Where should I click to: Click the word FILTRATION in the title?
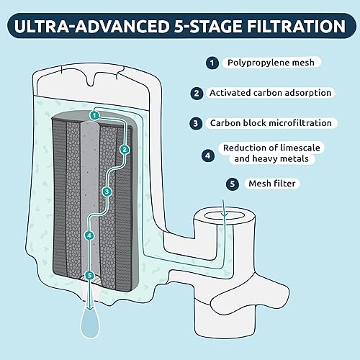coord(296,26)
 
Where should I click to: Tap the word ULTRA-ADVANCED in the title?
coord(92,26)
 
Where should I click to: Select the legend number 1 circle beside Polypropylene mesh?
coord(212,63)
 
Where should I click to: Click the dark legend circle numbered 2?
coord(197,93)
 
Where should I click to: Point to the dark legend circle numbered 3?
coord(196,123)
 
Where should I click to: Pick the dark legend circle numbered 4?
coord(208,156)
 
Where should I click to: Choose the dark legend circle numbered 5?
coord(233,184)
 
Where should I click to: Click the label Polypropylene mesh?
coord(271,63)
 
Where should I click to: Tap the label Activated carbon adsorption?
coord(270,93)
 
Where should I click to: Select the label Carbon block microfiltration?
coord(271,123)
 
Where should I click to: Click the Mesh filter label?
coord(272,184)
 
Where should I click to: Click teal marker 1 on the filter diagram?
coord(94,115)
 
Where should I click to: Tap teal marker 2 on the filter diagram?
coord(125,150)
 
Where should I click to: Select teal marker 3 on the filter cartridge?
coord(107,192)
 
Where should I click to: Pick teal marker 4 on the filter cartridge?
coord(89,235)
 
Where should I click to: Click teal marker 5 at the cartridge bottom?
coord(89,275)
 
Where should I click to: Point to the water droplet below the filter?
coord(90,323)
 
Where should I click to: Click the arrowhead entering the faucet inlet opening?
coord(224,215)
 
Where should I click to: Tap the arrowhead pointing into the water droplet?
coord(90,307)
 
